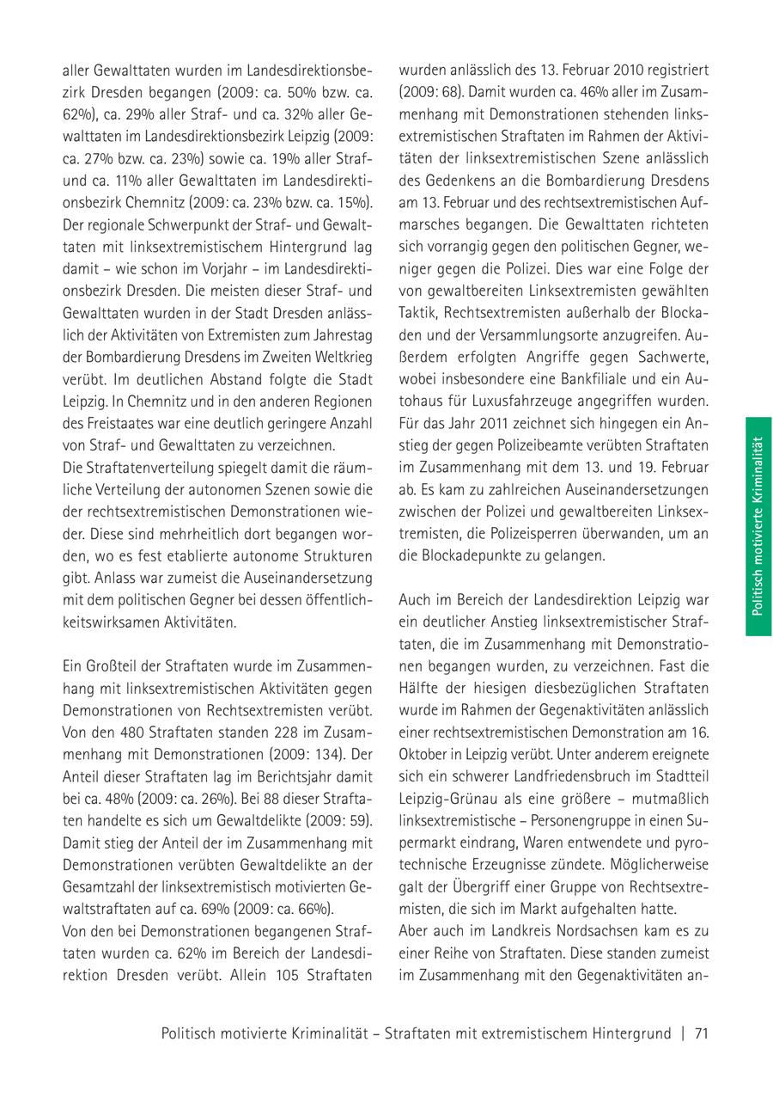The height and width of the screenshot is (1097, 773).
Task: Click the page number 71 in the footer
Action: click(x=700, y=1034)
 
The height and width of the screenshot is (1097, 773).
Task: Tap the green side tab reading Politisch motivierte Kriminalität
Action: click(x=758, y=526)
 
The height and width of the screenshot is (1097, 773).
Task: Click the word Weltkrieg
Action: click(x=338, y=356)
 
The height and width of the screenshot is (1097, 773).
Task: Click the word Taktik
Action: click(x=418, y=311)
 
